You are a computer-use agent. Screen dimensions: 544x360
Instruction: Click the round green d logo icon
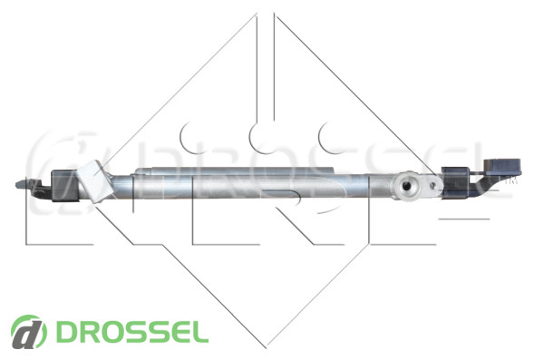click(28, 332)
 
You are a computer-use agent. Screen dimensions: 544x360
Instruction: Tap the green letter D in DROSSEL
click(65, 332)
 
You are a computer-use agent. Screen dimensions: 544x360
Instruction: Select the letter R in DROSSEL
click(86, 332)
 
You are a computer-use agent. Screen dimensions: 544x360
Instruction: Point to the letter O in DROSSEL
click(109, 332)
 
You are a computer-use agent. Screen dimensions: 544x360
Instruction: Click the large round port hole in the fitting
click(406, 187)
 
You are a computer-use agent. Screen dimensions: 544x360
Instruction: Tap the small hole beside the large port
click(432, 186)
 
